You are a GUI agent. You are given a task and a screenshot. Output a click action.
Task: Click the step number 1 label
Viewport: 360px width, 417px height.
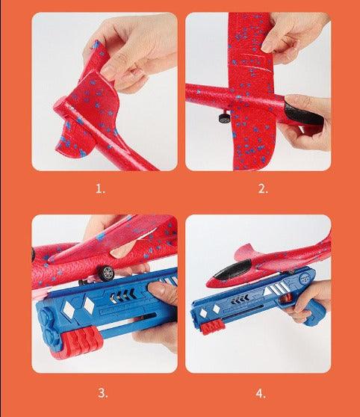(x=101, y=188)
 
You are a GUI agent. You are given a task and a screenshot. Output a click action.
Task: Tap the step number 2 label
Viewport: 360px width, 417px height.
(x=263, y=188)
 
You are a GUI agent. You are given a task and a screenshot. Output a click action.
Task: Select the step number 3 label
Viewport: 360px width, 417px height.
(x=103, y=393)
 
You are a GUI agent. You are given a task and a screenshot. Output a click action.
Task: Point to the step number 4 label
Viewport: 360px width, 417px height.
(x=261, y=393)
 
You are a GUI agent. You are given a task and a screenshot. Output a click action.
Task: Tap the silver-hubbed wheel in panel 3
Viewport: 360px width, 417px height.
(x=107, y=271)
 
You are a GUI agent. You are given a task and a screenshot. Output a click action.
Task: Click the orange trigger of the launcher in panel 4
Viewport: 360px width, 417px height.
(x=285, y=299)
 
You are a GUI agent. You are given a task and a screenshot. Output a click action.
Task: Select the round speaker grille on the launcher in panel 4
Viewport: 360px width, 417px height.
(x=304, y=279)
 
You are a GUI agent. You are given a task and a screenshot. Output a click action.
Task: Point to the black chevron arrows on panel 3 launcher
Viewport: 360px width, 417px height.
(x=122, y=296)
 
